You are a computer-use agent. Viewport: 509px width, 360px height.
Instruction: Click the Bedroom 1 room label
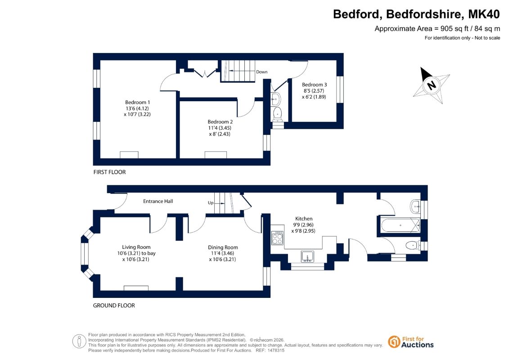(137, 102)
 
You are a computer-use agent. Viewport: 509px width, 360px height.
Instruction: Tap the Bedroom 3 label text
(314, 85)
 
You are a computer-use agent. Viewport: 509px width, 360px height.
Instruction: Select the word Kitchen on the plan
(304, 219)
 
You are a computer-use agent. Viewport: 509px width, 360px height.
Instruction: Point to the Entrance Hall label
(158, 201)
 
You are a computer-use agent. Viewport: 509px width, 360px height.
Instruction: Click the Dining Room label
(223, 247)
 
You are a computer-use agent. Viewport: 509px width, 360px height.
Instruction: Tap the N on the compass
(432, 85)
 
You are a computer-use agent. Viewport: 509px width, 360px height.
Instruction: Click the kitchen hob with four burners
(277, 238)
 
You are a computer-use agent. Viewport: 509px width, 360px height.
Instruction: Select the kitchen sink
(307, 256)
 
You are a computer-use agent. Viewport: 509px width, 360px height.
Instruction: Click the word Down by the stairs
(261, 72)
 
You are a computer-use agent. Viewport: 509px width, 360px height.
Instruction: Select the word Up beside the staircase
(211, 203)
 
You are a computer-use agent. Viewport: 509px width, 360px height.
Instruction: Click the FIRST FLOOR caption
(109, 172)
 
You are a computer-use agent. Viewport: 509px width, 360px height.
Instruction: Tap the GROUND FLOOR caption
(114, 306)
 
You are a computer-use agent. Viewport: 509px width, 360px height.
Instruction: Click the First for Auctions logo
(411, 342)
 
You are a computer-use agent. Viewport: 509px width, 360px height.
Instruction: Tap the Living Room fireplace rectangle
(136, 288)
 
